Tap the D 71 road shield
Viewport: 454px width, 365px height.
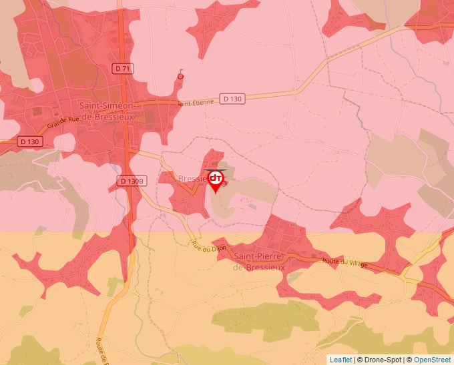(x=122, y=68)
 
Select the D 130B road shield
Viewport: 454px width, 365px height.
(x=132, y=181)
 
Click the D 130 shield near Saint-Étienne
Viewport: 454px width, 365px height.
(x=232, y=99)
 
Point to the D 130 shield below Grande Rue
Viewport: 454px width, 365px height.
(x=30, y=141)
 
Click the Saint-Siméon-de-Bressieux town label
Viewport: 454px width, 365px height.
(x=107, y=111)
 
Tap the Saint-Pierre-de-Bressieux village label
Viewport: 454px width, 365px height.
(x=259, y=262)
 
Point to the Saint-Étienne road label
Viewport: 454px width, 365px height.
(x=196, y=102)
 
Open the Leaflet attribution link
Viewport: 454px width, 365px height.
(x=340, y=360)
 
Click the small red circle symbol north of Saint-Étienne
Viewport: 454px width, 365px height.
(x=180, y=77)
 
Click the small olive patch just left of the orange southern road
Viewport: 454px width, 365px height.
(x=27, y=311)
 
